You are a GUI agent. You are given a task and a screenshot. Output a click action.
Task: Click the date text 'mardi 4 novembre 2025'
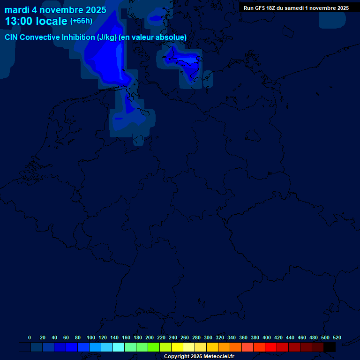[55, 10]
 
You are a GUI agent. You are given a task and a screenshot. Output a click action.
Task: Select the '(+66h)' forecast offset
[81, 21]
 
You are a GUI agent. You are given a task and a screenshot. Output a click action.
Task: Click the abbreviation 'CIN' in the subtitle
[12, 37]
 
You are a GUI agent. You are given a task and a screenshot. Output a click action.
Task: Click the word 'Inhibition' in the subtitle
[77, 37]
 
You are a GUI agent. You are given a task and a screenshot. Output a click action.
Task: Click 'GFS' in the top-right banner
[260, 8]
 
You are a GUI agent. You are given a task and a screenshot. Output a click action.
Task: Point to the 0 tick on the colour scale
[30, 337]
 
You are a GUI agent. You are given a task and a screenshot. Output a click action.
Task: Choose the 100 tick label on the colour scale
[91, 337]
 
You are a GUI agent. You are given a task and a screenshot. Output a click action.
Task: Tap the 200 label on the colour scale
[150, 337]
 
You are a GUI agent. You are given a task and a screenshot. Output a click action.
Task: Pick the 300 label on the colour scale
[208, 337]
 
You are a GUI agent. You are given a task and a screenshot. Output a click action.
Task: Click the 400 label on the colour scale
[267, 337]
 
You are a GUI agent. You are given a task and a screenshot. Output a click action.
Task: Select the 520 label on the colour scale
[337, 337]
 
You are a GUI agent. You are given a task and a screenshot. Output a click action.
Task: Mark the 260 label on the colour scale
[185, 337]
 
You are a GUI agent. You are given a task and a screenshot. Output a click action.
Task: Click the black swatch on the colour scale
[330, 347]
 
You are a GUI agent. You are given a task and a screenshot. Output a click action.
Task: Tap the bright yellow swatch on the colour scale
[177, 347]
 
